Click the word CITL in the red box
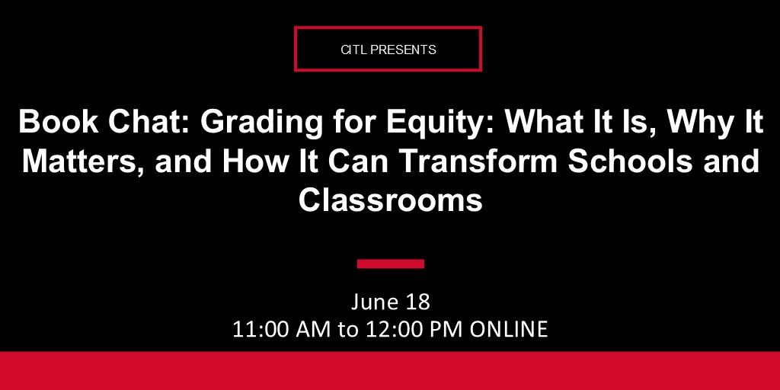(353, 50)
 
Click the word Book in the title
(50, 122)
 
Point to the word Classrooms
(390, 200)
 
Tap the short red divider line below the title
(390, 264)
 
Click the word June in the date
(375, 302)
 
